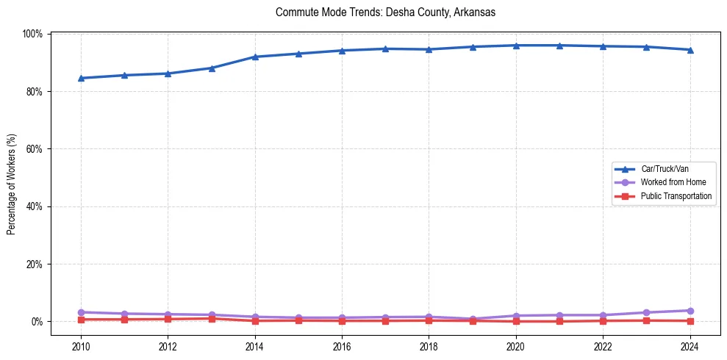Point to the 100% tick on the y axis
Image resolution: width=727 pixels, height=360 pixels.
(33, 34)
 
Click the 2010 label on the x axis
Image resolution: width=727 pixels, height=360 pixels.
(81, 346)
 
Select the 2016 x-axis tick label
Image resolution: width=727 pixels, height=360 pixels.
(342, 346)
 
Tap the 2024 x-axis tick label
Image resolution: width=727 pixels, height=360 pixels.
(690, 346)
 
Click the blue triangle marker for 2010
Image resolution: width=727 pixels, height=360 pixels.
(81, 78)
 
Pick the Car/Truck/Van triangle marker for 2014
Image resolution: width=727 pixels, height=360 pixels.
(255, 57)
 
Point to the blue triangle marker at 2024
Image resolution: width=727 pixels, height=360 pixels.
(690, 50)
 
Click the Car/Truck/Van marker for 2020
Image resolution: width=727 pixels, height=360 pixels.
(516, 46)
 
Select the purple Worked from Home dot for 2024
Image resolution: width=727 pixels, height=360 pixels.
(690, 311)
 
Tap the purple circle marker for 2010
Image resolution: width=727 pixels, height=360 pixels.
(81, 312)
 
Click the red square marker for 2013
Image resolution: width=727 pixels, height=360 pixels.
(212, 319)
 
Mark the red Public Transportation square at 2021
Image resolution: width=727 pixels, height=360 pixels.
(559, 321)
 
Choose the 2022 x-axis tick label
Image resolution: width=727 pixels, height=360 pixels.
(603, 346)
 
